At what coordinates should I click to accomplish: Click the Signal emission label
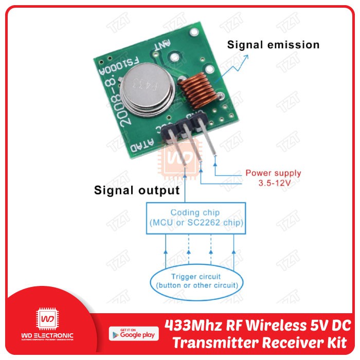pos(273,45)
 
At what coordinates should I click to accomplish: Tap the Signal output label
pos(137,191)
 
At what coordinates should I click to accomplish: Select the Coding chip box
pos(196,218)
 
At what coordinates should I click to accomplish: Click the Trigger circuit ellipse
pos(197,281)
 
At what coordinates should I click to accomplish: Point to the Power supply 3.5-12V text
pos(273,178)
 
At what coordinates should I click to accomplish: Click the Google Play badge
pos(132,334)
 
